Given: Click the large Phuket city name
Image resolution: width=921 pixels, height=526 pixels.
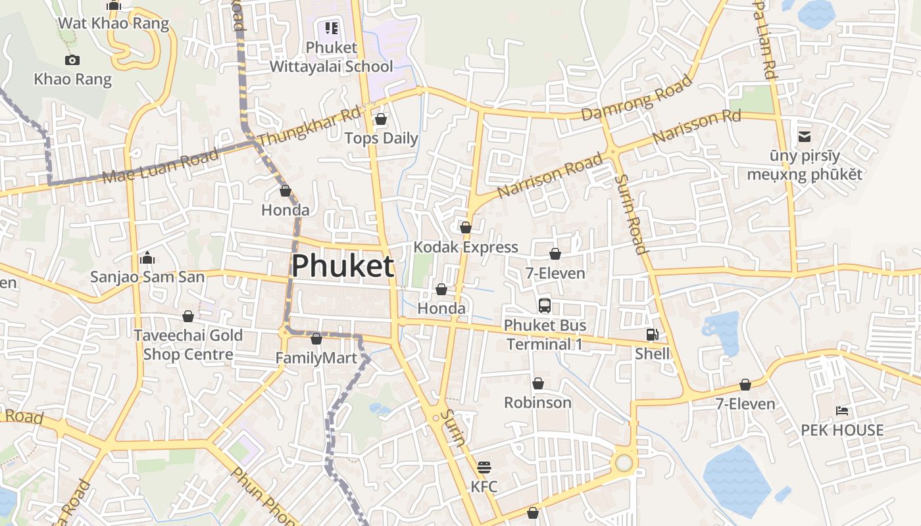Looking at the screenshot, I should [342, 266].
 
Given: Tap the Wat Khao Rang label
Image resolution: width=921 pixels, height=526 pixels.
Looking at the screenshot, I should [113, 24].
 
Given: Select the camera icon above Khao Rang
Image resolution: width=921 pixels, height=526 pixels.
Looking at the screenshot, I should [72, 60].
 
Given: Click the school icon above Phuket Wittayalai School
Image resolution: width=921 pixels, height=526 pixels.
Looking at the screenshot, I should [331, 28].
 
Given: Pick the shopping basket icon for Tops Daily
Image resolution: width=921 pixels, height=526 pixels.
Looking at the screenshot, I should [380, 119].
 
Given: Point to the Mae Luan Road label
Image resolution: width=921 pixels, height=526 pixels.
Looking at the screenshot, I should [161, 167].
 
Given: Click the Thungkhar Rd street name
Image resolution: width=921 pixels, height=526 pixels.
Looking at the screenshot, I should [309, 128].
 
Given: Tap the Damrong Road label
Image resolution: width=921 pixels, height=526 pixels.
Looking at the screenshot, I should [637, 98].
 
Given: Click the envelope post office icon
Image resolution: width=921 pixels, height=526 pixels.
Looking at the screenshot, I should [804, 137].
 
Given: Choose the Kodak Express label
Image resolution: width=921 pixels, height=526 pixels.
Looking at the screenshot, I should [466, 247].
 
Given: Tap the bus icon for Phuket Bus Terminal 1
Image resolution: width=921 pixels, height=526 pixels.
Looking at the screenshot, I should [545, 305].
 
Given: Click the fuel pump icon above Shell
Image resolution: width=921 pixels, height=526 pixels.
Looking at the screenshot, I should [652, 335].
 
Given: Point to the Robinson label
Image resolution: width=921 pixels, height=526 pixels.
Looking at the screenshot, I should [537, 402].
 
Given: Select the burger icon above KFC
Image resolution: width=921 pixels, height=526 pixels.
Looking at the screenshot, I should [484, 467].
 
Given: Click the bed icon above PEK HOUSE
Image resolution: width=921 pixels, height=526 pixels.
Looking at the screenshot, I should [842, 411].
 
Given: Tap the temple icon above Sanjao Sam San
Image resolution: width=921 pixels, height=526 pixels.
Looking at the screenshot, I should [147, 258].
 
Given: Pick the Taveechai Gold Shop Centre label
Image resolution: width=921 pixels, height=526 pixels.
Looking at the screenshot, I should [188, 345].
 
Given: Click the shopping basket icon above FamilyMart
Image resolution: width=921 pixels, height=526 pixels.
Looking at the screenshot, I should [316, 339].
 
